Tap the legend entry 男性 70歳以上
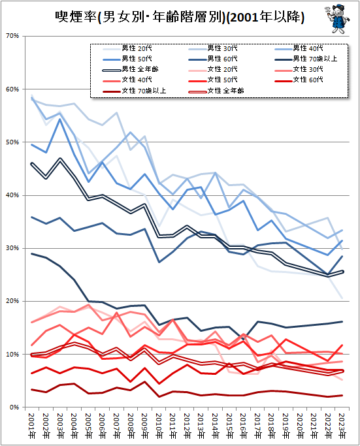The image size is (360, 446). click(x=310, y=59)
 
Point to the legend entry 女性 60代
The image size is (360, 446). click(x=304, y=80)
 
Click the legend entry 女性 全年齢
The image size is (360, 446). click(x=221, y=90)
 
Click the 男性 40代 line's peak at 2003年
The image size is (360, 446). click(x=61, y=119)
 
